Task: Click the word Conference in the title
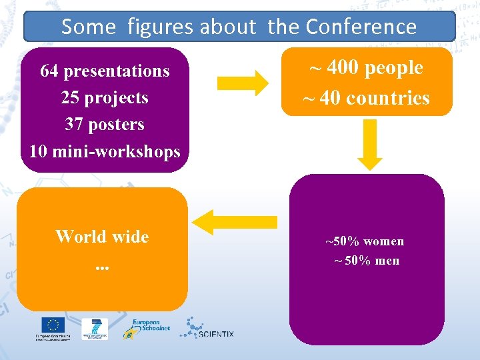tap(361, 27)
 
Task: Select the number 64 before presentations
tap(49, 71)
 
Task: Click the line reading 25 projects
tap(105, 97)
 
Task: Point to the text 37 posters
tap(105, 124)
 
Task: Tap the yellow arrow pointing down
tap(370, 145)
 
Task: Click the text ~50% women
tap(365, 241)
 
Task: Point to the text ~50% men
tap(366, 261)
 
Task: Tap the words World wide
tap(102, 237)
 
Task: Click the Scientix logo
tap(207, 328)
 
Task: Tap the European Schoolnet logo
tap(146, 328)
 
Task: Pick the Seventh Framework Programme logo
tap(94, 328)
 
